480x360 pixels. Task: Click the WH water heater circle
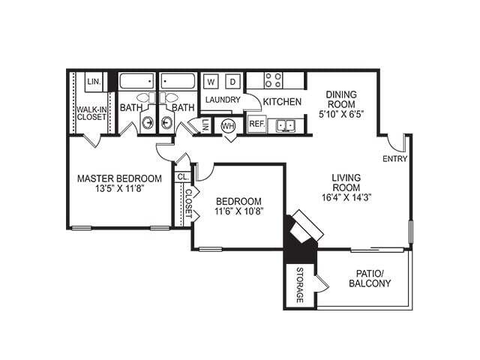[228, 125]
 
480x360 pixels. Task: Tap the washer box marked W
[211, 81]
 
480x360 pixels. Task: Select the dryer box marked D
[232, 81]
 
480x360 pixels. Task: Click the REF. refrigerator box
[256, 124]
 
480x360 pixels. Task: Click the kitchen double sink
[284, 125]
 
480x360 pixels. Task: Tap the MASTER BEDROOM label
[120, 178]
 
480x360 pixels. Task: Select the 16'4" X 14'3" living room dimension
[347, 196]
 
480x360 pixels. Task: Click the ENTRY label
[394, 159]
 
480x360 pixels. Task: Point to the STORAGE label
[299, 285]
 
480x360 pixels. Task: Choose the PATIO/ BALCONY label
[370, 278]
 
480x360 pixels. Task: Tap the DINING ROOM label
[341, 100]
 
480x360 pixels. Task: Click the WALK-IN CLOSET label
[91, 112]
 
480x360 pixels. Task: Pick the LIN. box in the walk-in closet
[94, 81]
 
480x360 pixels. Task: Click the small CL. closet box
[182, 177]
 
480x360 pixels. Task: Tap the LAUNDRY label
[222, 100]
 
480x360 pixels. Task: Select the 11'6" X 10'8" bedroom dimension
[238, 213]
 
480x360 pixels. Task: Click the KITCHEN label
[283, 101]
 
